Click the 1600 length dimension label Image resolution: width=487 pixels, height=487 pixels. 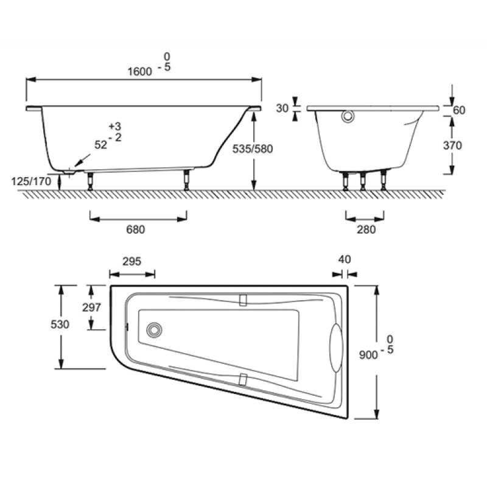pos(140,72)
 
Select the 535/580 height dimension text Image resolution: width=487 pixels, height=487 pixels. pos(253,149)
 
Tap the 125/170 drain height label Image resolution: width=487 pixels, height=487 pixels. pos(31,181)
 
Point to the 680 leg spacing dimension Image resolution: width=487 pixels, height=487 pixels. pos(135,229)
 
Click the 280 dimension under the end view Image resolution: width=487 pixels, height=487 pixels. pos(366,229)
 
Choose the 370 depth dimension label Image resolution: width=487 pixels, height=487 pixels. pos(452,145)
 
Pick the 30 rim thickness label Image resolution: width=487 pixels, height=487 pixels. pos(282,108)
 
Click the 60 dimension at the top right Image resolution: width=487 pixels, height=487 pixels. pos(459,110)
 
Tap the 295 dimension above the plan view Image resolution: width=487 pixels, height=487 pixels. pos(131,262)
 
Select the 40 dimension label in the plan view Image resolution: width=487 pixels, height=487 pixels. pos(345,259)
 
